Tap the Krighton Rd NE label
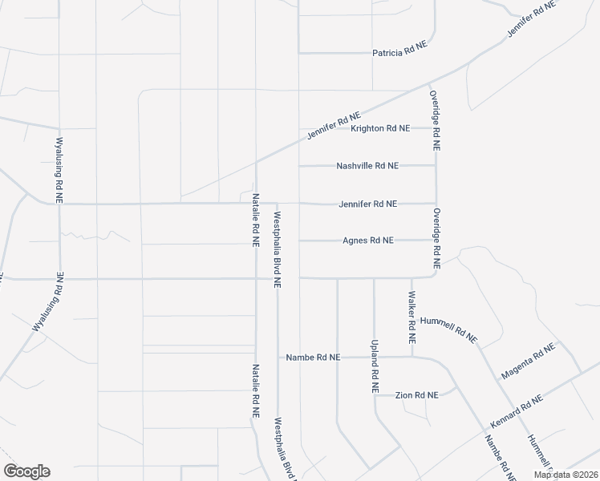coord(380,128)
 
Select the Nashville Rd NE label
coord(367,166)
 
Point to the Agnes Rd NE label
coord(368,240)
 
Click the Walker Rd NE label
coord(411,318)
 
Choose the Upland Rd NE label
coord(374,364)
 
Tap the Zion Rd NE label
coord(417,395)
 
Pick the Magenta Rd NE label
coord(528,362)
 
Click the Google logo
coord(26,471)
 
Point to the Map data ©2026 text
coord(566,475)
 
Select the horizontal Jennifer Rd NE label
coord(368,204)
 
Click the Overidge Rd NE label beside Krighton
coord(434,120)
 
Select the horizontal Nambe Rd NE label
coord(314,358)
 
